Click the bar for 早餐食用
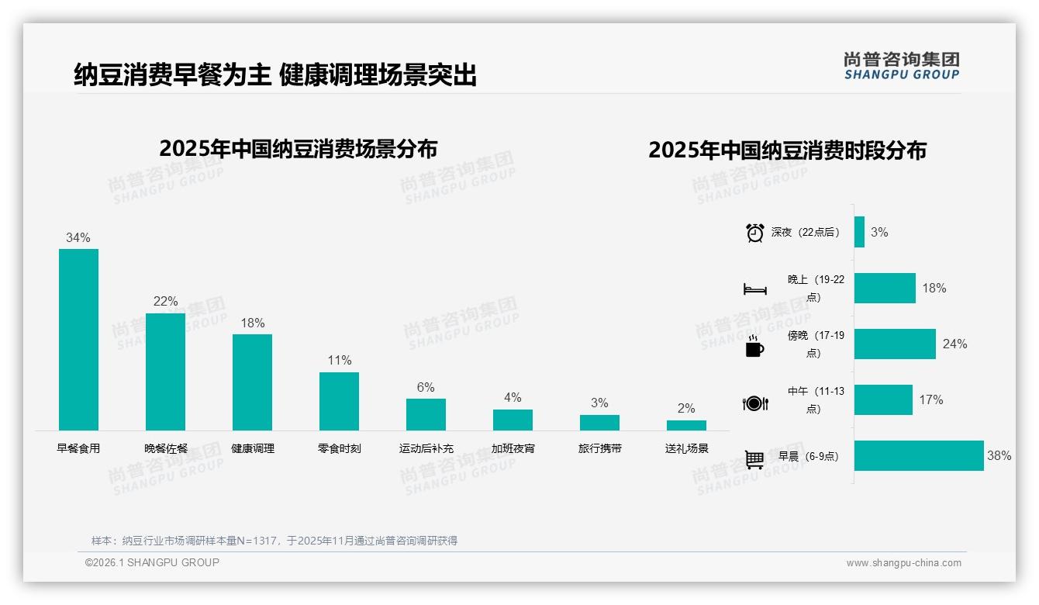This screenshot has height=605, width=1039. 78,340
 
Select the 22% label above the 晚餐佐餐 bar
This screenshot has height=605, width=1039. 165,301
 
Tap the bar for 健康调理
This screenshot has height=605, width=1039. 252,382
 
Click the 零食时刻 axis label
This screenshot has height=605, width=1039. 339,448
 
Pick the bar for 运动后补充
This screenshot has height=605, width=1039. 426,414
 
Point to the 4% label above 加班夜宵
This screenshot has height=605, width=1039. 513,397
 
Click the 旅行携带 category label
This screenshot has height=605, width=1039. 599,448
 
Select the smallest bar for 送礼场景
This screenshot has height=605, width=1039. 686,425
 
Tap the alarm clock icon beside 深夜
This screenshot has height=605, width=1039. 754,233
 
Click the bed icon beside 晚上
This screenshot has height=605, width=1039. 754,289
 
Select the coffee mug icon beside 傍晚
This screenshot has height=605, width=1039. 754,346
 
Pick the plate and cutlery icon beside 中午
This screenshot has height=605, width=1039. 754,403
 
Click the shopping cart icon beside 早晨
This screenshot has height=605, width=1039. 754,459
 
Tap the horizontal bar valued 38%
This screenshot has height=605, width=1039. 919,456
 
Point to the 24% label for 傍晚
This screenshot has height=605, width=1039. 954,344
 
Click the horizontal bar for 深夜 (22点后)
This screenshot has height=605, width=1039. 859,232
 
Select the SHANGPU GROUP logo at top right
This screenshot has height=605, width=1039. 901,66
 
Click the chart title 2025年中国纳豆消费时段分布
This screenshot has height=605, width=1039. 787,150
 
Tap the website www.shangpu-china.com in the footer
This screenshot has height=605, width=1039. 903,563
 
